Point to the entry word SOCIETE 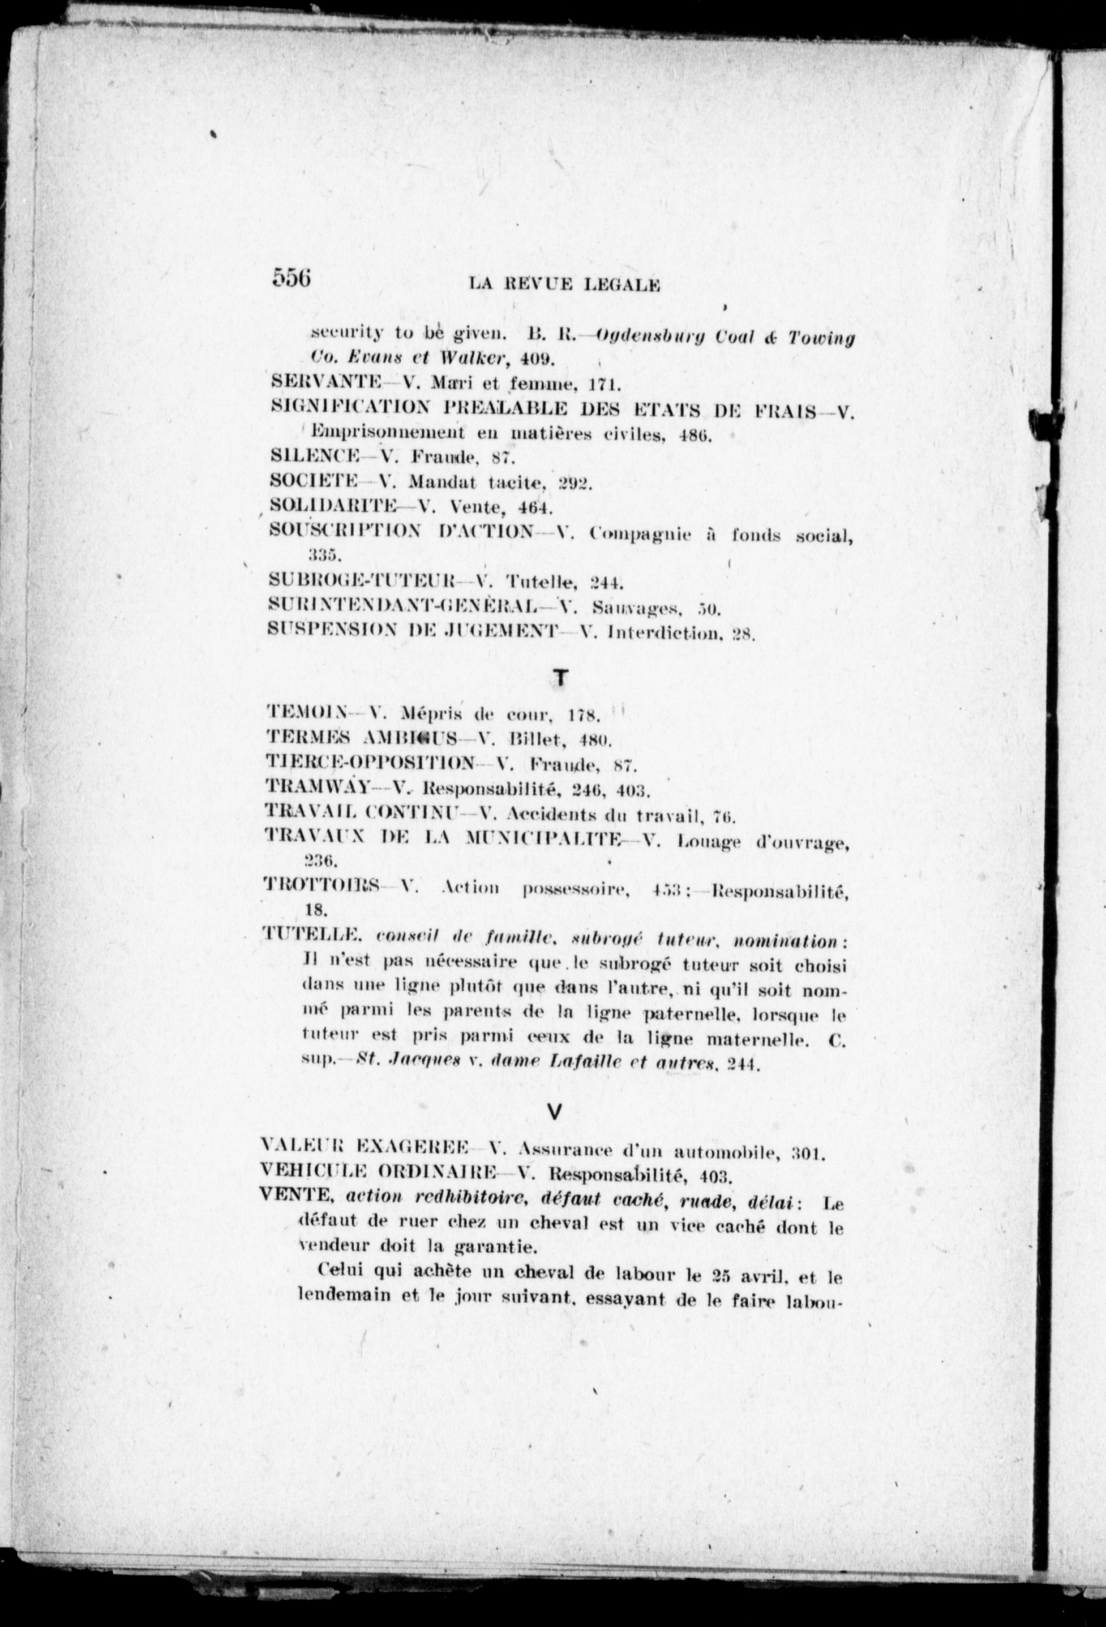tap(315, 482)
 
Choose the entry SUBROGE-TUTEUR tap(362, 581)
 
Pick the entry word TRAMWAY tap(318, 789)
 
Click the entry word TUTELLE tap(312, 937)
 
